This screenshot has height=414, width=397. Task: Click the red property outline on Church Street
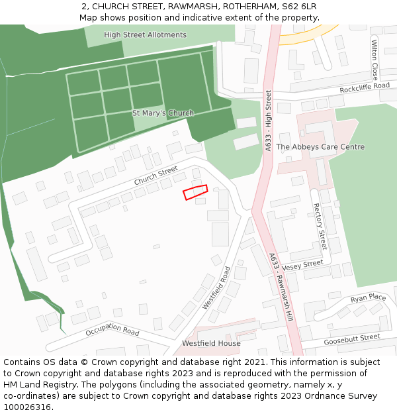click(195, 192)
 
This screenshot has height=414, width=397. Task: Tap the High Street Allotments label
click(145, 34)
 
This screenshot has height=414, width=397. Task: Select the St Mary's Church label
click(163, 113)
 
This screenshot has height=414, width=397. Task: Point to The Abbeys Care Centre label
click(320, 147)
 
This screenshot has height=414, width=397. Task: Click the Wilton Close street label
click(375, 60)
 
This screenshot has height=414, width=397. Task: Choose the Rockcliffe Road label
click(365, 87)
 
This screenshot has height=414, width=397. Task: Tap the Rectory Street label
click(320, 227)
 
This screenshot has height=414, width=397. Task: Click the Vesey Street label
click(302, 264)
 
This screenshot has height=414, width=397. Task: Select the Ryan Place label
click(369, 297)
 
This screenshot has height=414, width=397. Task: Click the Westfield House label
click(211, 344)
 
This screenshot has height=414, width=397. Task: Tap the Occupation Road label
click(112, 329)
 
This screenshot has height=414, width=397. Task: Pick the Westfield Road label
click(216, 288)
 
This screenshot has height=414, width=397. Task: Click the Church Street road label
click(156, 176)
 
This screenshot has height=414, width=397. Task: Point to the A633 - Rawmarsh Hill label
click(281, 287)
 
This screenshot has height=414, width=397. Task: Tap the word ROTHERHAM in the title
click(251, 7)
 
